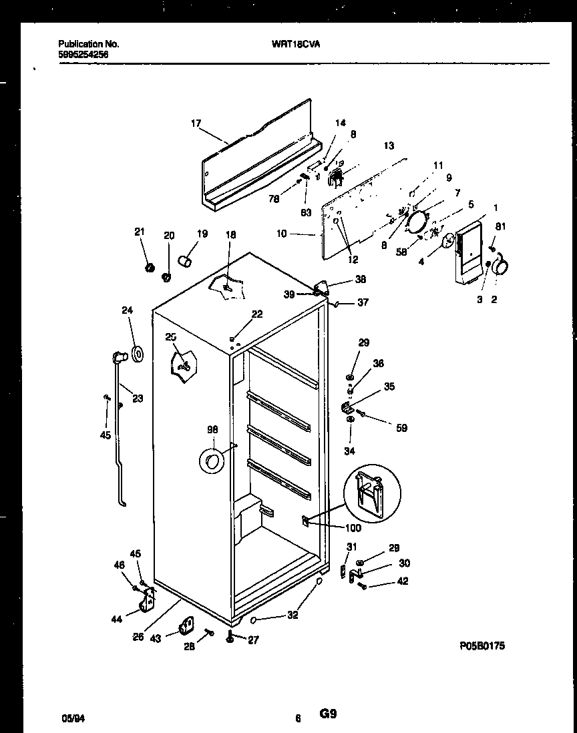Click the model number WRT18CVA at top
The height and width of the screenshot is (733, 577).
pyautogui.click(x=291, y=44)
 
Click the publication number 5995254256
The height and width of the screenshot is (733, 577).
pyautogui.click(x=83, y=55)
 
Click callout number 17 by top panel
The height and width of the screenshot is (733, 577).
pyautogui.click(x=196, y=123)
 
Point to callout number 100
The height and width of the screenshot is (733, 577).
pyautogui.click(x=353, y=528)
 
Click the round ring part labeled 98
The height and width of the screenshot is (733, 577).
pyautogui.click(x=212, y=461)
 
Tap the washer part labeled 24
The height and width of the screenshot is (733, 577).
pyautogui.click(x=138, y=354)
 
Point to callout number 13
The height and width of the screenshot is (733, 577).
pyautogui.click(x=389, y=146)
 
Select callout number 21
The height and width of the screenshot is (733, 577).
pyautogui.click(x=139, y=232)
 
